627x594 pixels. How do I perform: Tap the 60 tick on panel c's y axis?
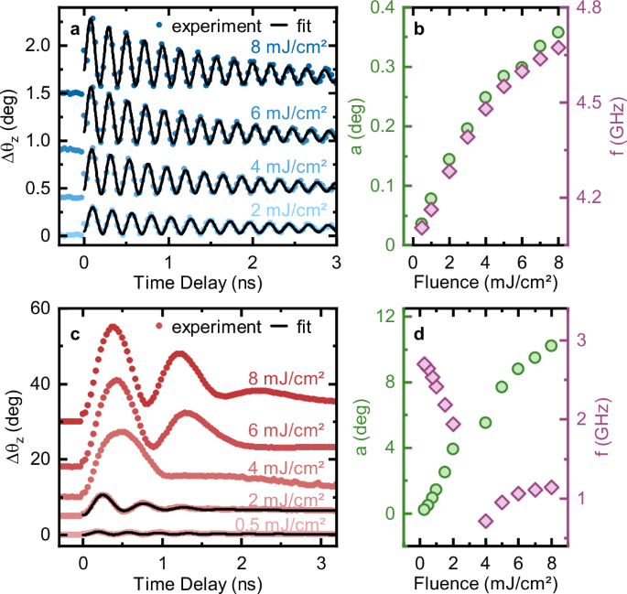click(42, 308)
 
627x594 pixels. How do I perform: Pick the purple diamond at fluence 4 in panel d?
click(485, 521)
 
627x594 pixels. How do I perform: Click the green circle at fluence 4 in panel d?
click(485, 422)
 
